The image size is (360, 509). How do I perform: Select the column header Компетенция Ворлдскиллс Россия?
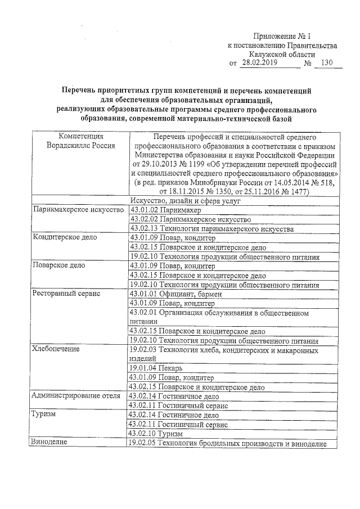(81, 141)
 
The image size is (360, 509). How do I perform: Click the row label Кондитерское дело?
(65, 238)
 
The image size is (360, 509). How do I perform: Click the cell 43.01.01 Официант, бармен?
(175, 294)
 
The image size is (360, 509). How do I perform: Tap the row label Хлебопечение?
(56, 350)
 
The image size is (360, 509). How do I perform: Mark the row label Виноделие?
(50, 443)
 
